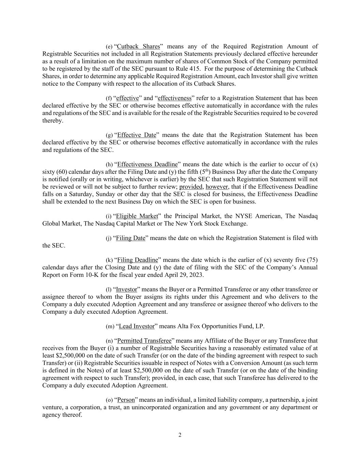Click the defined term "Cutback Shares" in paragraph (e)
point(138,46)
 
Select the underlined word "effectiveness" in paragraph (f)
point(174,98)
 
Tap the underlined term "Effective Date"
point(136,135)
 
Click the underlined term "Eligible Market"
point(137,216)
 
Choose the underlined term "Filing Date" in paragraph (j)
point(131,238)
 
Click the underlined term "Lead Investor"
point(136,326)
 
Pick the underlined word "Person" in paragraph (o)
point(126,400)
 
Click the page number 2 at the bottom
point(180,435)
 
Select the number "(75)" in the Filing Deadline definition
point(312,260)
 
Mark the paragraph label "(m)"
point(110,327)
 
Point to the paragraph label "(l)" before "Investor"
point(109,290)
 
